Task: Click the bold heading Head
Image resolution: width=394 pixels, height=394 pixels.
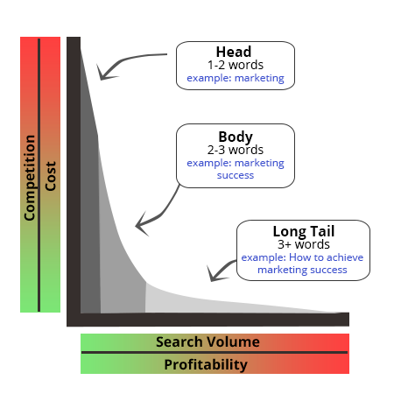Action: pos(234,52)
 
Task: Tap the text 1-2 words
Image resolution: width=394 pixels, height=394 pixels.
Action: pos(236,65)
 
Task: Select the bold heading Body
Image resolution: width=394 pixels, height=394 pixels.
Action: pos(236,137)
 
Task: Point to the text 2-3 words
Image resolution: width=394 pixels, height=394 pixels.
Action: pos(236,150)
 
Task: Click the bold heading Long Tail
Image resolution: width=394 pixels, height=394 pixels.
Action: pos(304,231)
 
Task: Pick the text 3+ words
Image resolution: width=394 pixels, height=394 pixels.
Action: pos(304,244)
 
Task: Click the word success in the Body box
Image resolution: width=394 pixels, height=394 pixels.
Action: pos(236,175)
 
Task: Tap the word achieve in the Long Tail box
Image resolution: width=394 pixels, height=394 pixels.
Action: pos(345,257)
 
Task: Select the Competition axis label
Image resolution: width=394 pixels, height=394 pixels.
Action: pos(30,178)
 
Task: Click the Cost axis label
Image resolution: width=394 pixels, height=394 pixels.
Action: pos(51,176)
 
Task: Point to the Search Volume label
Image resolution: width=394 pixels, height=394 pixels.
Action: pos(208,341)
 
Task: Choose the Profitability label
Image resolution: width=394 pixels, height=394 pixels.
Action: pos(206,365)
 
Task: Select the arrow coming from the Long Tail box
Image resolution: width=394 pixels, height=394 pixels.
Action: pos(221,270)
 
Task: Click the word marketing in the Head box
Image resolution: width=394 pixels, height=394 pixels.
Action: pos(259,79)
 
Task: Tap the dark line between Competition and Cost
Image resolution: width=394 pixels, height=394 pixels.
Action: pos(39,175)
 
